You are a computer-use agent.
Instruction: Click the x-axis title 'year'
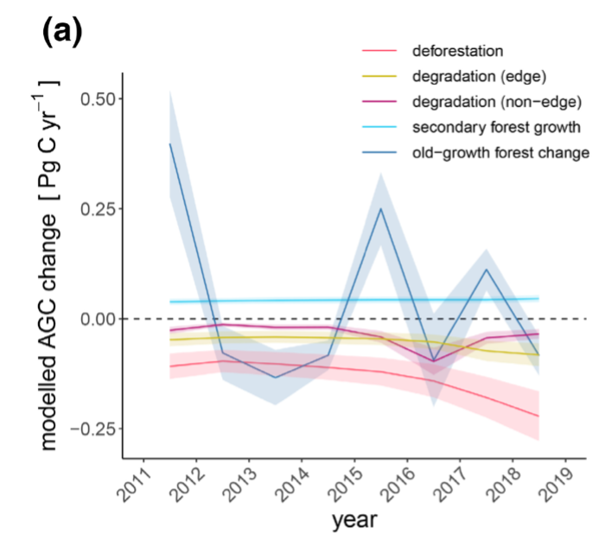[x=354, y=520]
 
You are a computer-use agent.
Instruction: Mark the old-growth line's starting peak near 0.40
[x=170, y=143]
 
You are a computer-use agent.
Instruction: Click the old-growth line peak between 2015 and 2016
[x=381, y=208]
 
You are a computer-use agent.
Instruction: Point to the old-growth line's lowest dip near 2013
[x=276, y=378]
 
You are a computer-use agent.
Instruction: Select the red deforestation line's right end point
[x=539, y=416]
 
